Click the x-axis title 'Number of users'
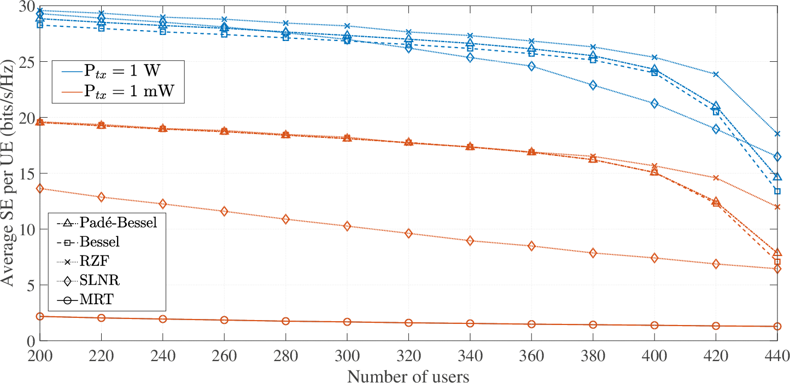tap(408, 376)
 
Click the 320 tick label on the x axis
tap(408, 355)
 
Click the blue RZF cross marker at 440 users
tap(777, 134)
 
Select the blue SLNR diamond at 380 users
tap(593, 85)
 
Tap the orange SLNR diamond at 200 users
tap(40, 188)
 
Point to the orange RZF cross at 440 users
tap(777, 207)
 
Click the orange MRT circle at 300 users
tap(347, 322)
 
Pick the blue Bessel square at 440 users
tap(777, 191)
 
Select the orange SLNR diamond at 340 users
tap(471, 241)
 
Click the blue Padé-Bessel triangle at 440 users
tap(777, 177)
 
